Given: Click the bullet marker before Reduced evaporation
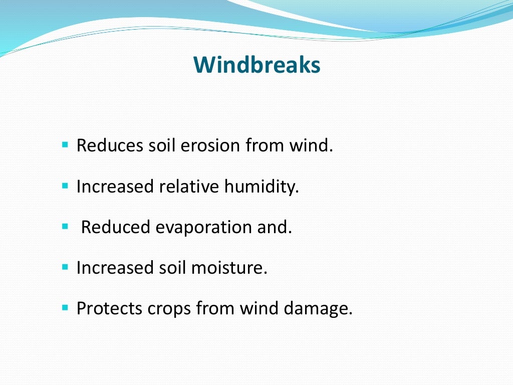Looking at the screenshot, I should point(65,227).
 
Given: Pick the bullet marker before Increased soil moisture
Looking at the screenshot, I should point(65,267).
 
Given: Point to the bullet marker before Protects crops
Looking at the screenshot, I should point(65,308).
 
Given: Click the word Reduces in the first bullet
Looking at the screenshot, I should point(110,146).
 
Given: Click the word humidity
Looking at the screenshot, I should point(261,187).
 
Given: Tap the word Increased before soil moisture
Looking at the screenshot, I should point(115,268).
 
